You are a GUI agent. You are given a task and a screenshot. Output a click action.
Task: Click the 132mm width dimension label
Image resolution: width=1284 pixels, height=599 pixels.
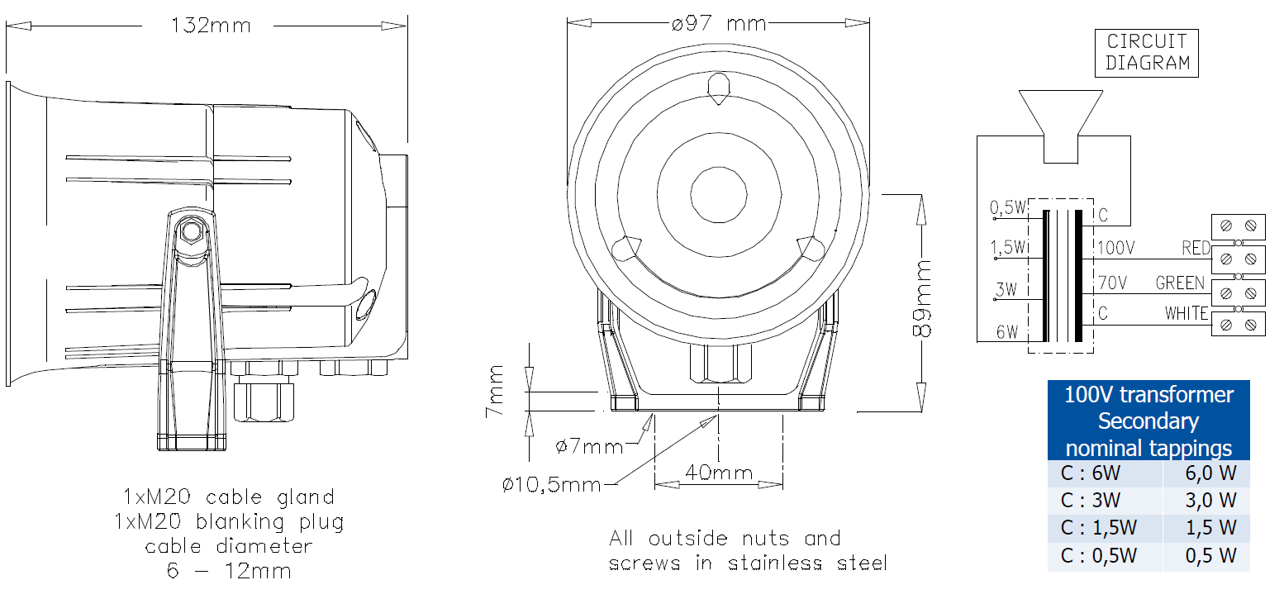tap(211, 26)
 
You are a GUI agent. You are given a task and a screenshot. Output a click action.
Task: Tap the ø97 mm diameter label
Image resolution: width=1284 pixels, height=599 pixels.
tap(719, 23)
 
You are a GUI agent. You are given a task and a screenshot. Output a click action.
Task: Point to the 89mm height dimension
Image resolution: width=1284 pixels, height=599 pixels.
tap(921, 298)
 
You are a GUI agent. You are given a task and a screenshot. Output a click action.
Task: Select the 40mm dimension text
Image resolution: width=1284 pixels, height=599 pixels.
tap(719, 473)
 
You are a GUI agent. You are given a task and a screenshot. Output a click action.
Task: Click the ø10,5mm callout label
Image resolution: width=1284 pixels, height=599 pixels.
tap(551, 485)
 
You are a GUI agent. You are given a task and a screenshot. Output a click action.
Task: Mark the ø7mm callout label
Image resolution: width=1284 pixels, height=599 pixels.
tap(589, 446)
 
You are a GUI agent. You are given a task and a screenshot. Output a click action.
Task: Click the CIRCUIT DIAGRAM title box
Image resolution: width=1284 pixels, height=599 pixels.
tap(1147, 53)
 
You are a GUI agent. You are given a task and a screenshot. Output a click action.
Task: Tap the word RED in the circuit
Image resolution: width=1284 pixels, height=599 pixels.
tap(1196, 248)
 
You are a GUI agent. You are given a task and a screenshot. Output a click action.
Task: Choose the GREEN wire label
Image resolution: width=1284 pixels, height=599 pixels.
tap(1180, 283)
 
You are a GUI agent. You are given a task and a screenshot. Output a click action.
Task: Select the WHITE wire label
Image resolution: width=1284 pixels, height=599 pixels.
tap(1186, 313)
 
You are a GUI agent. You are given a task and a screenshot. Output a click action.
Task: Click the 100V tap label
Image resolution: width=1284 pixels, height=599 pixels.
tap(1116, 248)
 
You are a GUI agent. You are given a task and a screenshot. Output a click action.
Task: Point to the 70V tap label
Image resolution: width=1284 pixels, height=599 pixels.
tap(1113, 283)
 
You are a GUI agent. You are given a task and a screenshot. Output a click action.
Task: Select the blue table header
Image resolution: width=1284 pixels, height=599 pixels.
tap(1148, 421)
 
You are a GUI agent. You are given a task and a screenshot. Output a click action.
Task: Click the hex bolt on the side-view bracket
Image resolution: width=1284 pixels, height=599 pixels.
tap(191, 231)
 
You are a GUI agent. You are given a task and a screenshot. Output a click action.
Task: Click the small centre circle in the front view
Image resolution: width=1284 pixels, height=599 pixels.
tap(719, 195)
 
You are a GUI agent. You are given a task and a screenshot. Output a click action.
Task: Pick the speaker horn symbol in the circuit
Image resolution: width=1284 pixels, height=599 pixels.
tap(1060, 126)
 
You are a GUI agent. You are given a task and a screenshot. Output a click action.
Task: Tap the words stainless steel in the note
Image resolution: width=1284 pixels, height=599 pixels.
tap(807, 563)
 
